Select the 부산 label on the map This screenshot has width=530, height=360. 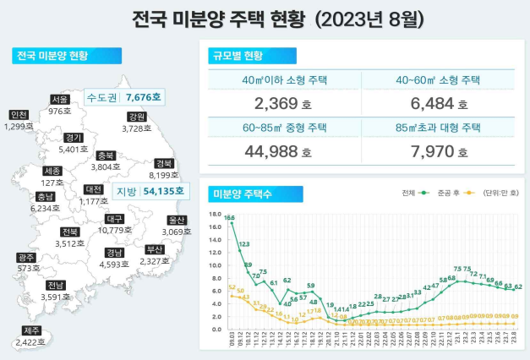pos(156,249)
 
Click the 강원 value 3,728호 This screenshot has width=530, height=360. pos(135,128)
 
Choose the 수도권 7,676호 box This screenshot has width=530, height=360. pos(124,98)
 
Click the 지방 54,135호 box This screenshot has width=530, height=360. pos(139,192)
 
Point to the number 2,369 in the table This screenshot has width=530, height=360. pos(276,105)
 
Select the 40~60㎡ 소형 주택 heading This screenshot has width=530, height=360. pos(438,82)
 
